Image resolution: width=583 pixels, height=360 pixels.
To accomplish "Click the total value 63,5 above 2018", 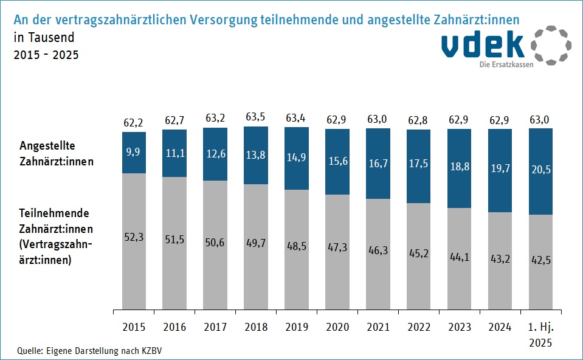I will (x=255, y=117).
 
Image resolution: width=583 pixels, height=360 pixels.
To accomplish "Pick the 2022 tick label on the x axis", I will (x=418, y=327).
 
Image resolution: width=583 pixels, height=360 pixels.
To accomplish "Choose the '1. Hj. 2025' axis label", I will (x=540, y=334).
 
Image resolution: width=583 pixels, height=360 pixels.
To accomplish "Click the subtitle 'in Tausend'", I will (x=43, y=38).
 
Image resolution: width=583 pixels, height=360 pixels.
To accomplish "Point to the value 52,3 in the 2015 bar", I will (x=134, y=238).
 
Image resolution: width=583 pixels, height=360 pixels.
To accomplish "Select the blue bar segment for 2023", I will (x=459, y=168).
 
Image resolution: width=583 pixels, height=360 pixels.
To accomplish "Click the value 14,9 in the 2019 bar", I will (x=296, y=157).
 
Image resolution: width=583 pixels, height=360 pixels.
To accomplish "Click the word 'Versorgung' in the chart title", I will (x=224, y=19).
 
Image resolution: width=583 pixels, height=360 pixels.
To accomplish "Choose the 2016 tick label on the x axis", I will (x=174, y=327).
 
